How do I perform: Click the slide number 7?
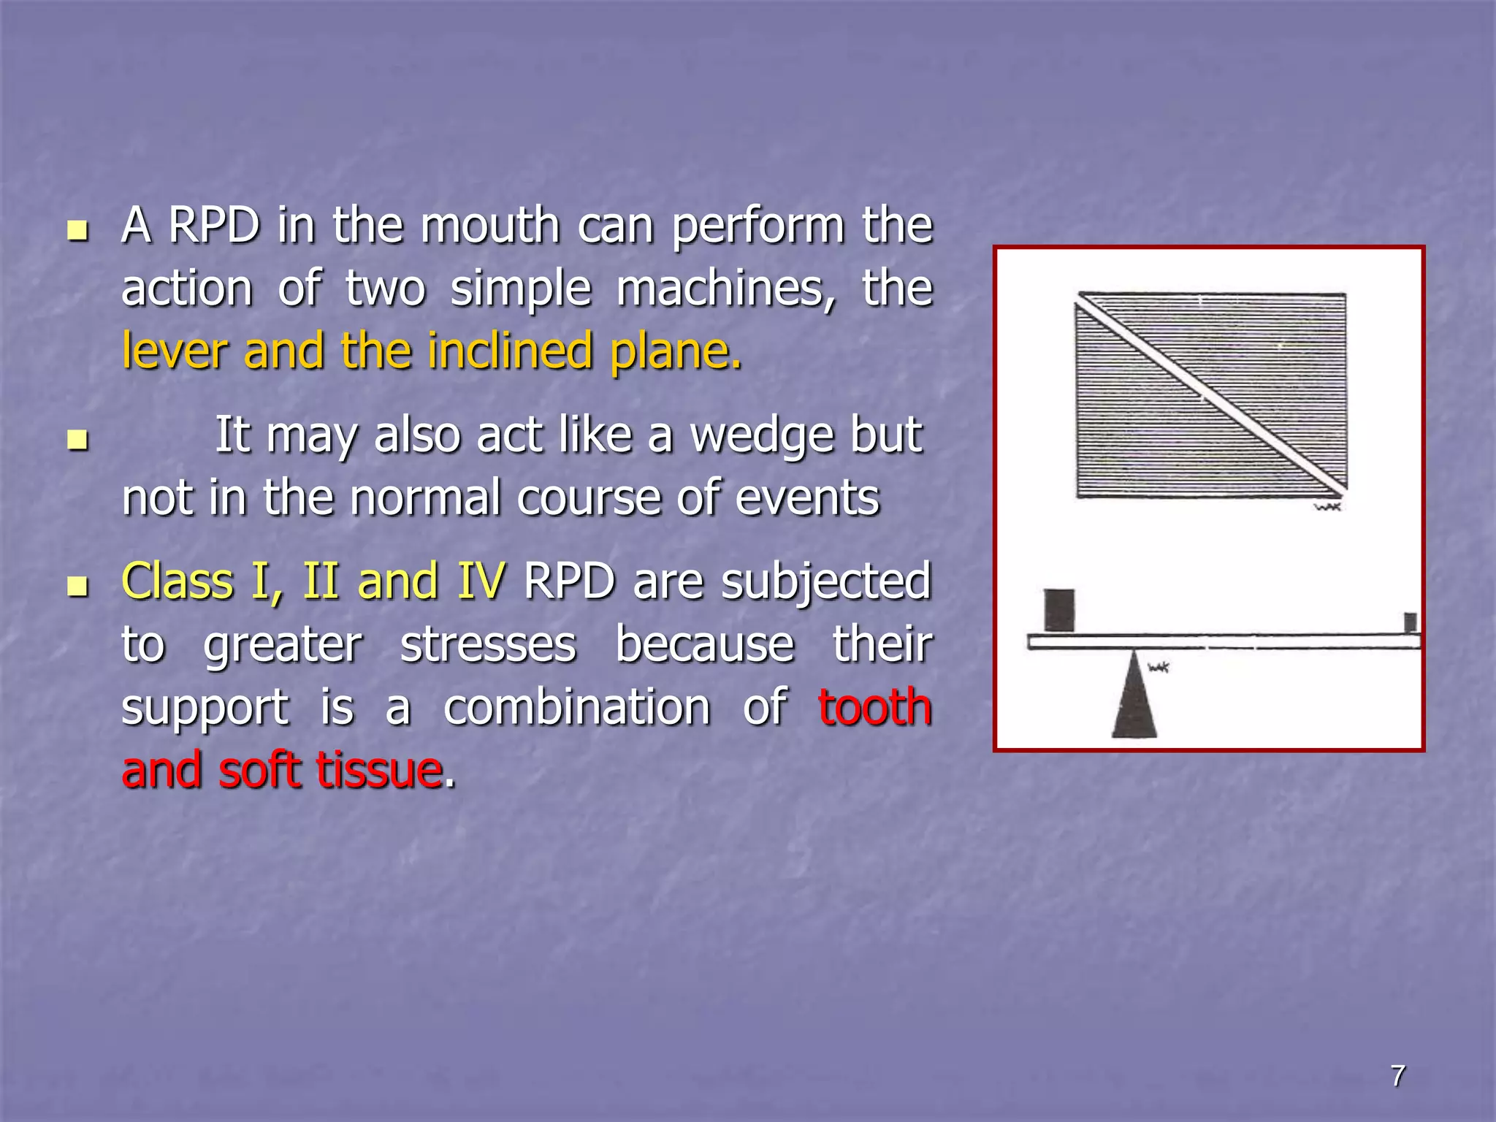pyautogui.click(x=1397, y=1076)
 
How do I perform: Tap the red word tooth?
pyautogui.click(x=875, y=707)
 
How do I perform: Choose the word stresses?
pyautogui.click(x=488, y=644)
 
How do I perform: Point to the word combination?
pyautogui.click(x=576, y=707)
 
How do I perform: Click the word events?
pyautogui.click(x=806, y=498)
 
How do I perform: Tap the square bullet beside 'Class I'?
pyautogui.click(x=77, y=587)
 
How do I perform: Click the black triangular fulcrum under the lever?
pyautogui.click(x=1134, y=698)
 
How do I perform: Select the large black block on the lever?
pyautogui.click(x=1058, y=609)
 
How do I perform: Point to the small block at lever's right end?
pyautogui.click(x=1411, y=622)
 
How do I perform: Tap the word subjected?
pyautogui.click(x=826, y=581)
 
